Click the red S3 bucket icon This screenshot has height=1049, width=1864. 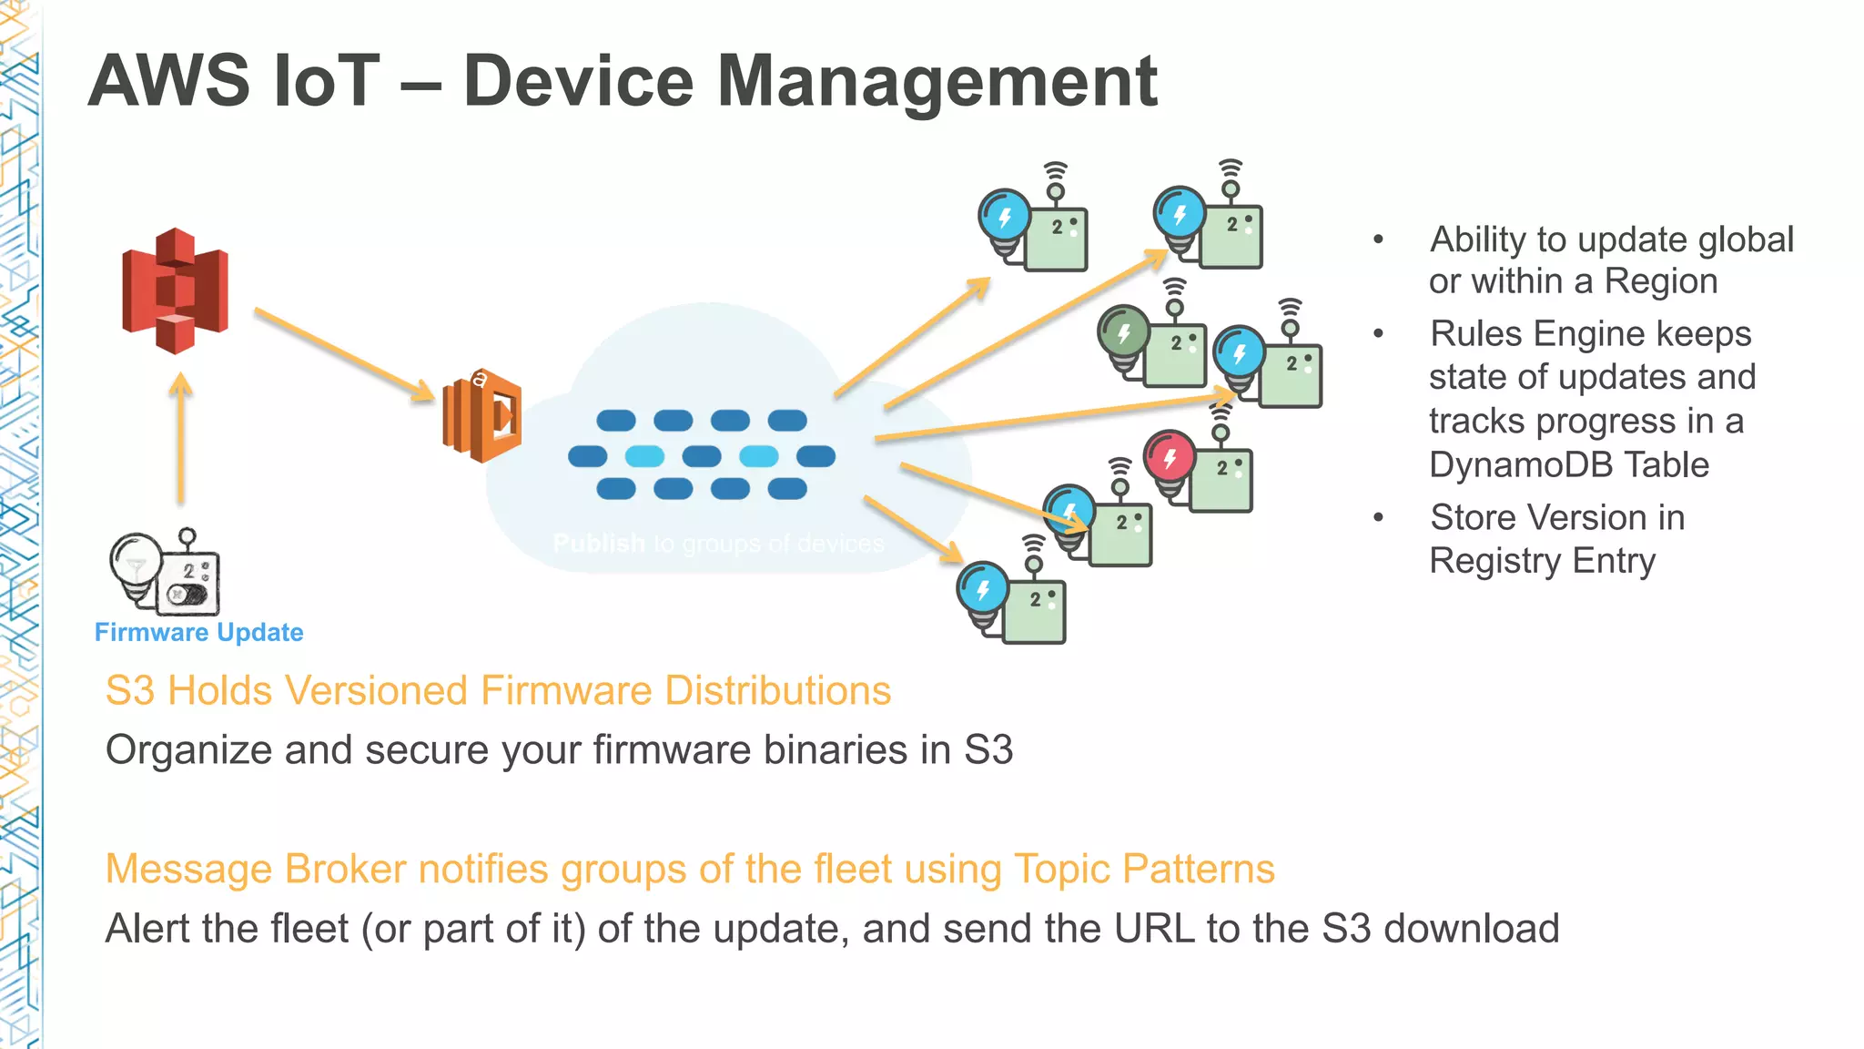pyautogui.click(x=175, y=291)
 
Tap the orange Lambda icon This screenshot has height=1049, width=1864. pyautogui.click(x=482, y=416)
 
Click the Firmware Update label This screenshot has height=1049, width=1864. pyautogui.click(x=198, y=632)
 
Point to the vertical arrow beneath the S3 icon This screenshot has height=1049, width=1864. pyautogui.click(x=181, y=438)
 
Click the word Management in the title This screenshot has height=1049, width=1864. pyautogui.click(x=937, y=82)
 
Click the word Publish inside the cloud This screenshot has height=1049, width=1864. pyautogui.click(x=598, y=544)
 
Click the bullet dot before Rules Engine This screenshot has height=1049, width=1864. pyautogui.click(x=1378, y=334)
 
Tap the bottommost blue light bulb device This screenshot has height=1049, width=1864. pyautogui.click(x=1010, y=601)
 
